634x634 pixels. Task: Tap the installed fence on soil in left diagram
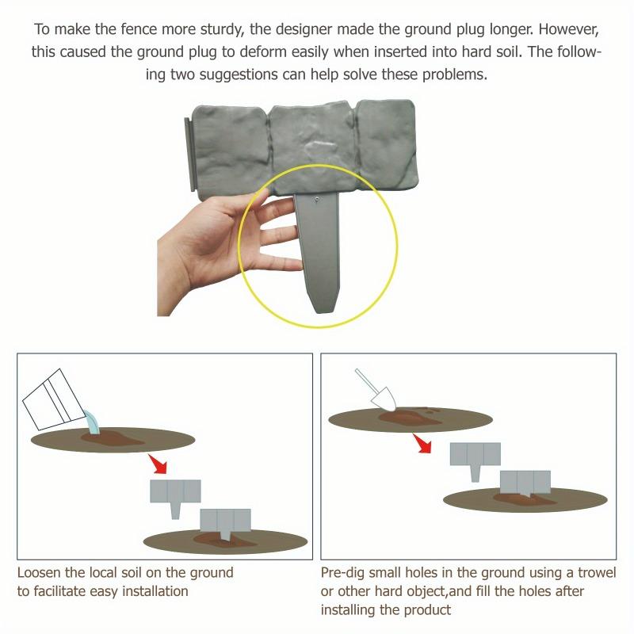pyautogui.click(x=225, y=524)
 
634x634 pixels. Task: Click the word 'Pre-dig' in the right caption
pyautogui.click(x=344, y=572)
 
